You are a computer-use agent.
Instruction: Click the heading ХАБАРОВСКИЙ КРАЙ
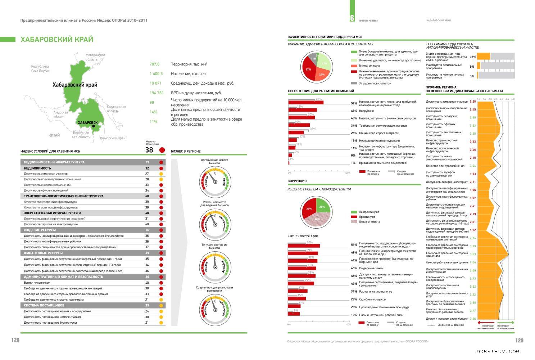click(x=56, y=40)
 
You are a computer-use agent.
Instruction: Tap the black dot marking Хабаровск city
click(x=94, y=126)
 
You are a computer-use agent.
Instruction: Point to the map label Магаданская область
click(x=95, y=57)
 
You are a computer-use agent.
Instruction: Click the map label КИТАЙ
click(x=54, y=135)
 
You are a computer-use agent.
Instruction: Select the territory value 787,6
click(x=154, y=64)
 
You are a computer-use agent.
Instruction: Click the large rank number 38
click(x=149, y=150)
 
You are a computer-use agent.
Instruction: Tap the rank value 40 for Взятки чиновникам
click(x=147, y=283)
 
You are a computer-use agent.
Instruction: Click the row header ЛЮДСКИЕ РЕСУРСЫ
click(x=40, y=230)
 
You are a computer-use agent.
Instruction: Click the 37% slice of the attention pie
click(x=308, y=69)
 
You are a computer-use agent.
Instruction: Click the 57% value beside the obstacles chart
click(x=354, y=104)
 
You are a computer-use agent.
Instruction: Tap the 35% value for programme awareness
click(x=472, y=57)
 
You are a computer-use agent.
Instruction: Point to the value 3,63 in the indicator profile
click(x=472, y=254)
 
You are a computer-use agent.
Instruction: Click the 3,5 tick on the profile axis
click(x=507, y=99)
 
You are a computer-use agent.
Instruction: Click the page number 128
click(x=15, y=340)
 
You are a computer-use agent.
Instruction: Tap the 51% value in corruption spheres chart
click(x=354, y=245)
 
